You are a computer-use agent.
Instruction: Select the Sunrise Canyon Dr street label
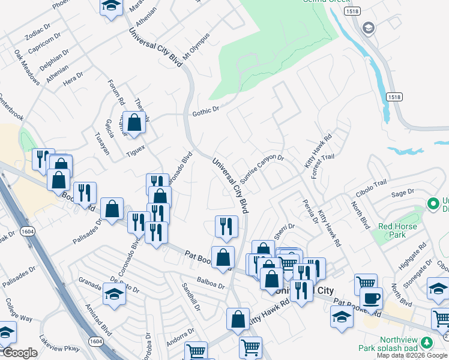(261, 169)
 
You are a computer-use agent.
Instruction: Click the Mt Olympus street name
(196, 47)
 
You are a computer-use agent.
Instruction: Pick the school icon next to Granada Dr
(113, 295)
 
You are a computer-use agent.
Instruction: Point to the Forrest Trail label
(322, 166)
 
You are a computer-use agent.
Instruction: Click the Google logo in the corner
(20, 353)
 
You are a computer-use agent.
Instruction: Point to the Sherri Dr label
(285, 229)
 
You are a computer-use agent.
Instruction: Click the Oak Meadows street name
(27, 67)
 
